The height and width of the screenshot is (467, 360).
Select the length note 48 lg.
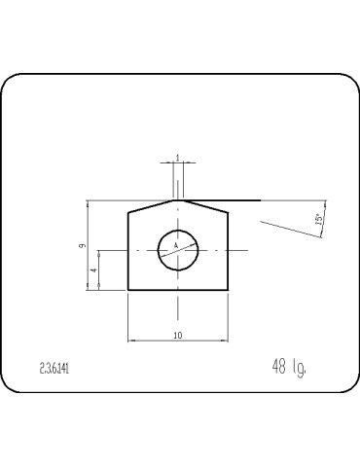tap(290, 367)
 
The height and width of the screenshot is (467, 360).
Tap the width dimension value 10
tap(177, 335)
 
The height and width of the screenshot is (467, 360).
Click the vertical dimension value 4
tap(93, 269)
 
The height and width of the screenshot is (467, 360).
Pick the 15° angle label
tap(318, 220)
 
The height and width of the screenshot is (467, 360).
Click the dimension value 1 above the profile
tap(177, 157)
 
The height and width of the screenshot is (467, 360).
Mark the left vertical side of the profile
tap(128, 253)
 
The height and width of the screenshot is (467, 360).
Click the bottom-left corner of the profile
tap(128, 290)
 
